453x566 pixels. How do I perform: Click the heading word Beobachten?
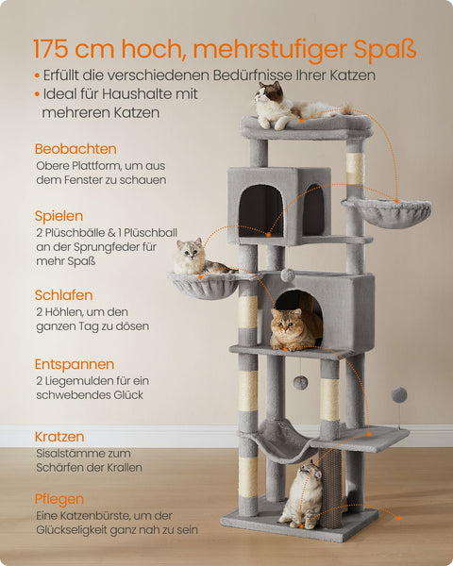pyautogui.click(x=75, y=149)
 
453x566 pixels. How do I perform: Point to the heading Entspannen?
pyautogui.click(x=75, y=364)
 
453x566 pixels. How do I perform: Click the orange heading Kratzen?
pyautogui.click(x=59, y=437)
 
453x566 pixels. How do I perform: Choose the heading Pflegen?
pyautogui.click(x=59, y=499)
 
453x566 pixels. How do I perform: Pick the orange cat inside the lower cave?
pyautogui.click(x=294, y=327)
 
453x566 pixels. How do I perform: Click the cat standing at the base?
pyautogui.click(x=303, y=494)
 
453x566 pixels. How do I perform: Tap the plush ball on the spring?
pyautogui.click(x=399, y=393)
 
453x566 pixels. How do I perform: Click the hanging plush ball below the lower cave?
pyautogui.click(x=299, y=382)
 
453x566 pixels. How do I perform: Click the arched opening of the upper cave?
pyautogui.click(x=260, y=209)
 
